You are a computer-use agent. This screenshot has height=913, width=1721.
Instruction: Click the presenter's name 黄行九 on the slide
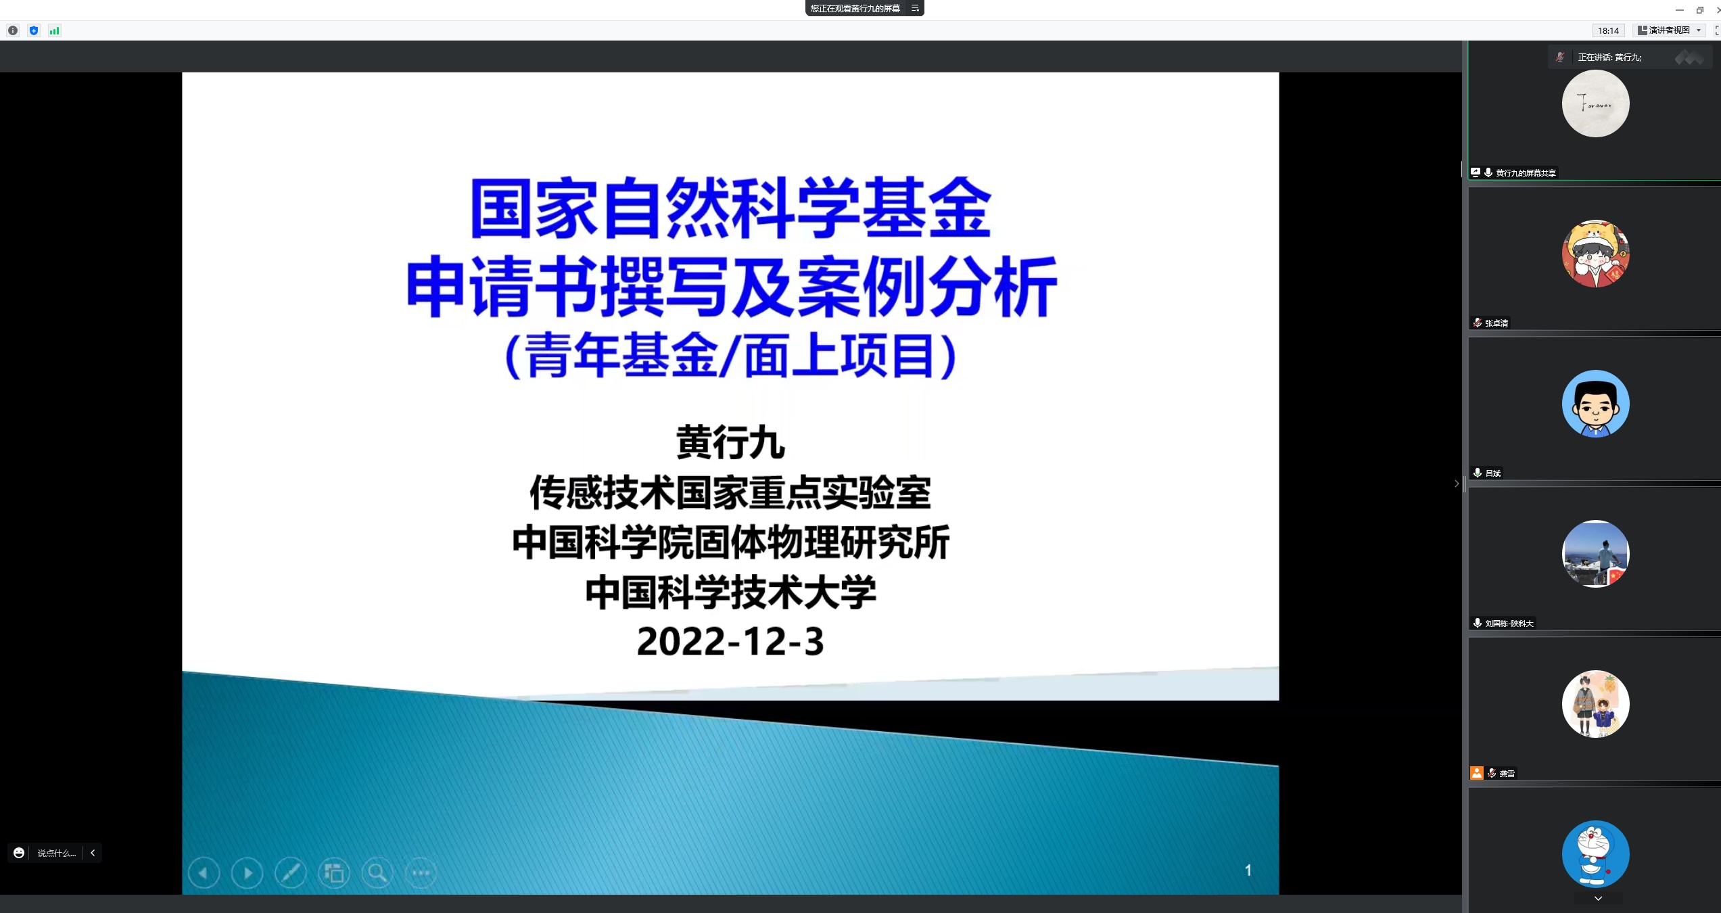click(731, 443)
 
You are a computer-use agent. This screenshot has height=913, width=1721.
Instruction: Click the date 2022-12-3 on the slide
click(730, 641)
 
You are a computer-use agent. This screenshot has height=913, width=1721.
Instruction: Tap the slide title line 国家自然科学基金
click(731, 208)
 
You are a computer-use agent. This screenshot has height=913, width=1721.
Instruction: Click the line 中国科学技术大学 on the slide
click(731, 592)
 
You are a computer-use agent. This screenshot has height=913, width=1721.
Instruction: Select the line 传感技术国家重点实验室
click(731, 492)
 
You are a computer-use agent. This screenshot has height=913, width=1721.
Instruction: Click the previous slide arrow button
click(204, 872)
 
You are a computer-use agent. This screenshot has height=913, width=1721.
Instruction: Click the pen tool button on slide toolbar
click(291, 872)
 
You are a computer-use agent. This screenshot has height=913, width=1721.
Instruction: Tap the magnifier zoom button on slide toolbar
click(377, 872)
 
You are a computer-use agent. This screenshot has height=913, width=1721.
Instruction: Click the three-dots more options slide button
click(421, 872)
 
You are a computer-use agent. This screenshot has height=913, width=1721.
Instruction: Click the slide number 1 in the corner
click(1248, 870)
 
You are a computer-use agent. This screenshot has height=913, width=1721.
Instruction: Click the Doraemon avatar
click(1596, 854)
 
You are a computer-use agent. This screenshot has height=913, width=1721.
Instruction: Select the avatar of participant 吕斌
click(1596, 404)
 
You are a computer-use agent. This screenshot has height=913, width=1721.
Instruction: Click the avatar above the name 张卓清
click(1596, 254)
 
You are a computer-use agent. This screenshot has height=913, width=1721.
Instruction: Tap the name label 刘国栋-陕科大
click(1509, 624)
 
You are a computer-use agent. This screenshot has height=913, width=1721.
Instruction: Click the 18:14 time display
click(1608, 30)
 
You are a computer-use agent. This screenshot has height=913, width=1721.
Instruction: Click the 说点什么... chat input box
click(57, 853)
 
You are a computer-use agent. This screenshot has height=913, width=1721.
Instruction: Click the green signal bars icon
click(55, 30)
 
